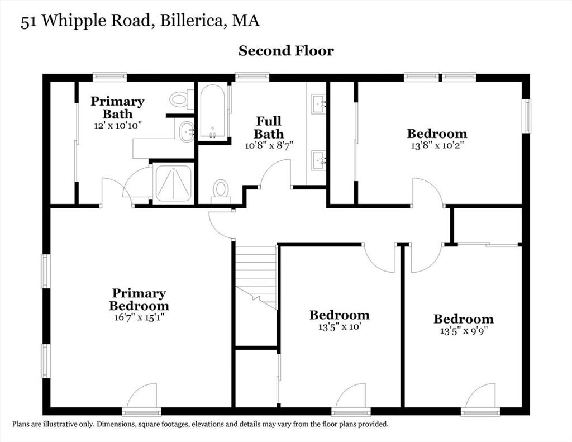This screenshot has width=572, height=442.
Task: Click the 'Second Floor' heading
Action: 286,51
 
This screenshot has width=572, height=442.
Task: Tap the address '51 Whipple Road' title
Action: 85,21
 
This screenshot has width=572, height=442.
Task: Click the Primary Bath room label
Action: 117,107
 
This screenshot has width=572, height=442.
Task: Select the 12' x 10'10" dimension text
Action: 117,126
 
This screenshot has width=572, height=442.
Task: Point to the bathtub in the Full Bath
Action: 213,112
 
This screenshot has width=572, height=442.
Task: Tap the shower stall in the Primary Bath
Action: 173,183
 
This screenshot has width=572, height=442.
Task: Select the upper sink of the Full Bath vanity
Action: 318,104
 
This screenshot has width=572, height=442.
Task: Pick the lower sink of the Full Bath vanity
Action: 318,160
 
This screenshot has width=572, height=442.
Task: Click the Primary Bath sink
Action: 187,132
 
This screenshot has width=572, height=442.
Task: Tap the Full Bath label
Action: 269,127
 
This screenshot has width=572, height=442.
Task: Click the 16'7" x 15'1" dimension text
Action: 139,317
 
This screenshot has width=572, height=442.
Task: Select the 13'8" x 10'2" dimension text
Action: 437,145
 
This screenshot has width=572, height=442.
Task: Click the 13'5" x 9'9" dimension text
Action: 464,331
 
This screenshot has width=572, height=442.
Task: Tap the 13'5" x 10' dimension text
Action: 340,327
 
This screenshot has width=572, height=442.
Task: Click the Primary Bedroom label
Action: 139,300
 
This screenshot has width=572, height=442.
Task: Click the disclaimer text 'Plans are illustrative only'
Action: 54,424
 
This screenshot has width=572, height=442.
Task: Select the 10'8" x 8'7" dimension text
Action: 269,145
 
